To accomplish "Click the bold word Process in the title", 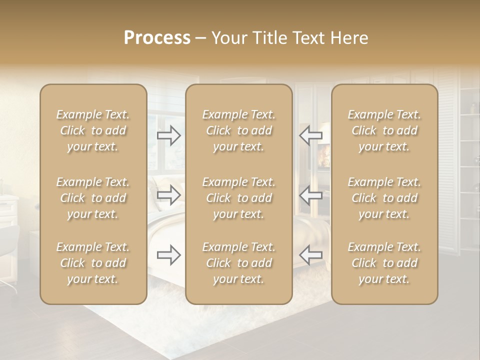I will click(157, 38).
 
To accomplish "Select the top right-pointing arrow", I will click(169, 135).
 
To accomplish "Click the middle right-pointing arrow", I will click(169, 195).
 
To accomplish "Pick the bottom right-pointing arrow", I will click(169, 255).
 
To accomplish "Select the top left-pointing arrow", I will click(310, 135).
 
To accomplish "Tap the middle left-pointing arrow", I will click(310, 195).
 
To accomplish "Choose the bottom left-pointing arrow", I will click(310, 255).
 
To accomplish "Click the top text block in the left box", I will click(93, 130).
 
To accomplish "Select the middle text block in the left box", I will click(93, 198).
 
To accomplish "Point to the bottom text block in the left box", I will click(93, 263).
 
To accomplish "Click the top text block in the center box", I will click(238, 130).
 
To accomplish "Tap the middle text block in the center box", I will click(238, 198).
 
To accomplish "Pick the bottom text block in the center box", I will click(238, 263).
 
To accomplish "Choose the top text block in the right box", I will click(384, 130).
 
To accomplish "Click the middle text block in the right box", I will click(384, 198).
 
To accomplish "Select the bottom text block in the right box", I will click(384, 263).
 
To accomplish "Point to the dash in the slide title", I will click(200, 38).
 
